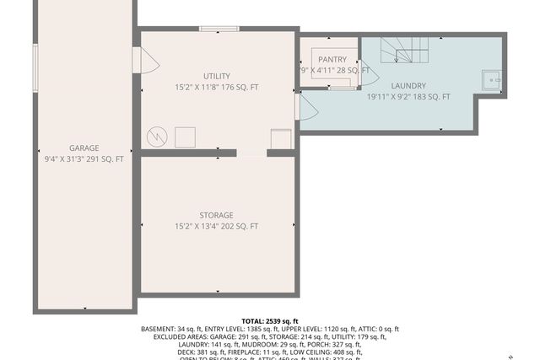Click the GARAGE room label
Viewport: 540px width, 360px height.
(84, 148)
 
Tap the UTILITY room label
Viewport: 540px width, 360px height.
(216, 76)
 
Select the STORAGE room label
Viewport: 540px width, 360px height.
(216, 215)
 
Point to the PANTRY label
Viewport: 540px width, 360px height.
(332, 59)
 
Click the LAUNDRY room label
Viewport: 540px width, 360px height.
(408, 85)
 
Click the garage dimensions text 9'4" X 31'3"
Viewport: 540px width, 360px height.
(84, 159)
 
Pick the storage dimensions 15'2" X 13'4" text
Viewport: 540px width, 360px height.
(216, 226)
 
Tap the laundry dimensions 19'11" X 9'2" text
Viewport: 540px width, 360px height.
(408, 97)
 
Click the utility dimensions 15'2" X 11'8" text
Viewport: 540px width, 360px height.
(216, 87)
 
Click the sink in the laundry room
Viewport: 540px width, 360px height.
(491, 80)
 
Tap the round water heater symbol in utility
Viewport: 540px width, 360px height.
(158, 136)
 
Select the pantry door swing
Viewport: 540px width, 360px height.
(368, 76)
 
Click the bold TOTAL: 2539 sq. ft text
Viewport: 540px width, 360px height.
(270, 321)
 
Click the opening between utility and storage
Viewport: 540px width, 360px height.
(251, 153)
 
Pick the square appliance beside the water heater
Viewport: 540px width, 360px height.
(185, 137)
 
